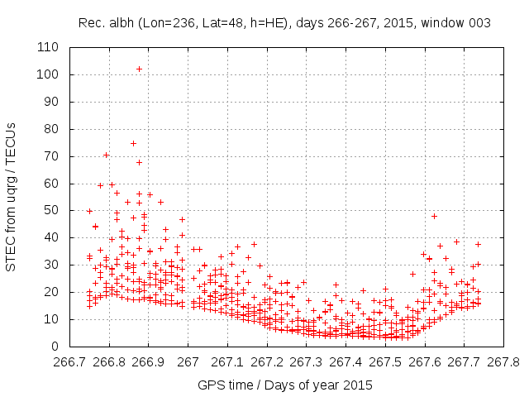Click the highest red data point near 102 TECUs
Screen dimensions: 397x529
[x=140, y=69]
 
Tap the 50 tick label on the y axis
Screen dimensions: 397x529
[x=52, y=210]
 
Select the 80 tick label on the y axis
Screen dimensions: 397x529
[x=52, y=129]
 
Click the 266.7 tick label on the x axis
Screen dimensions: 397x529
[x=69, y=361]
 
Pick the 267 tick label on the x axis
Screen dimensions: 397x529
[x=188, y=361]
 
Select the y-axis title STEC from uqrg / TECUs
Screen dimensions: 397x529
[x=12, y=197]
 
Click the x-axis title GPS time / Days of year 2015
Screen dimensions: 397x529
[x=285, y=385]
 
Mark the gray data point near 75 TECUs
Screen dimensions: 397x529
[x=133, y=143]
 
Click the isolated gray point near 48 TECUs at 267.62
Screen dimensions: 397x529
[x=434, y=216]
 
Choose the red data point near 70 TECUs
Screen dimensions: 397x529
[x=106, y=155]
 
